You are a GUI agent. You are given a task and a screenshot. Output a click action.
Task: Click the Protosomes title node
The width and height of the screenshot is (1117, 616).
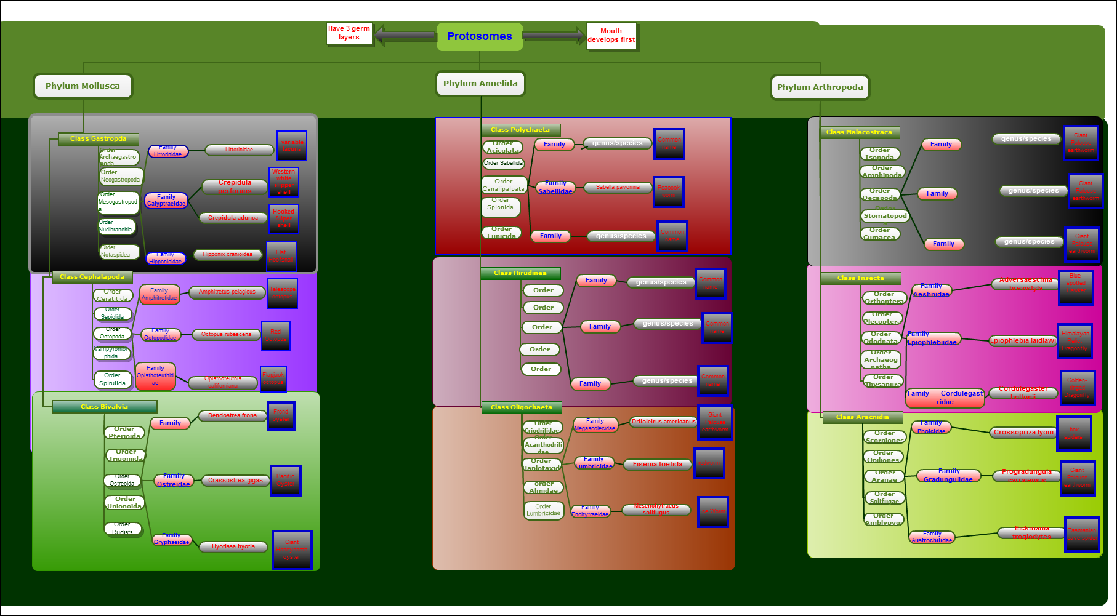(x=480, y=37)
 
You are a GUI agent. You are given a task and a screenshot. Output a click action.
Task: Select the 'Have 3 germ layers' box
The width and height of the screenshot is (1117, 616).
(x=349, y=33)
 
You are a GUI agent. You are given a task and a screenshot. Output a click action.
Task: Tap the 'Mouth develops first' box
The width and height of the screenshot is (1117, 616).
(x=611, y=36)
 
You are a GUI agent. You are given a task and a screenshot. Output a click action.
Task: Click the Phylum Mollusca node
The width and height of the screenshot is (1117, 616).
(x=83, y=86)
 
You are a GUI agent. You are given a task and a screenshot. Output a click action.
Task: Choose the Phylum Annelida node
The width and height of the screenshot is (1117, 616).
(x=480, y=84)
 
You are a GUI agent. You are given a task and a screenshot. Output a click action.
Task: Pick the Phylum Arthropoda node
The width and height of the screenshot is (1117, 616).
(x=820, y=87)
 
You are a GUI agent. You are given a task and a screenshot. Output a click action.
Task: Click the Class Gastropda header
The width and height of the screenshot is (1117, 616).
(x=98, y=139)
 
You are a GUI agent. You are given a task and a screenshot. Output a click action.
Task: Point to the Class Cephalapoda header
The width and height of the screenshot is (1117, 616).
(x=92, y=277)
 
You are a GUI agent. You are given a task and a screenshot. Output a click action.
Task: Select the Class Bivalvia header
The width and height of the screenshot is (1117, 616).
(x=104, y=407)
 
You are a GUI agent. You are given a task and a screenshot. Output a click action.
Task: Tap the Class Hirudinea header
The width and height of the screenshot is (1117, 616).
(x=520, y=273)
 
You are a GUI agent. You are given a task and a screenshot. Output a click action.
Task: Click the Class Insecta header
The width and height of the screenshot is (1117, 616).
(x=860, y=278)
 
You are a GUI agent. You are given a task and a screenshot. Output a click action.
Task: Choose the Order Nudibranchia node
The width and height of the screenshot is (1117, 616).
(x=116, y=226)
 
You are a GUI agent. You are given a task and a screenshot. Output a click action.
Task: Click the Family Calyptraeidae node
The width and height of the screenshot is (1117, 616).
(x=166, y=201)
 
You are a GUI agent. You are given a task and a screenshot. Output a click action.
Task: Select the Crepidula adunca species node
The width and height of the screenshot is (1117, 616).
(x=233, y=218)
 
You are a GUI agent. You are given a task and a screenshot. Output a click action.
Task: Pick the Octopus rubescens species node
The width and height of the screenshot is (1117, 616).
(x=226, y=334)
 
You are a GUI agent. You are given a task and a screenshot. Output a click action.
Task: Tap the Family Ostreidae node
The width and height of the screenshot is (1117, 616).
(x=174, y=481)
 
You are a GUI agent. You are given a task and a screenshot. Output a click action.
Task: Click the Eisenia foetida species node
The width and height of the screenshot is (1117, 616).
(x=657, y=465)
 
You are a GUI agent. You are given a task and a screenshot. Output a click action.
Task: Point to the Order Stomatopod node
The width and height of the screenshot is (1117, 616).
(x=885, y=216)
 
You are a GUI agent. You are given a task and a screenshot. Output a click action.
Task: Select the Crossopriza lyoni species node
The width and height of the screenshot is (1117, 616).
(x=1023, y=433)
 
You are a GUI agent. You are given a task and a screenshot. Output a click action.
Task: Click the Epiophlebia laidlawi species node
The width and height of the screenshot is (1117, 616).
(x=1023, y=340)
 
